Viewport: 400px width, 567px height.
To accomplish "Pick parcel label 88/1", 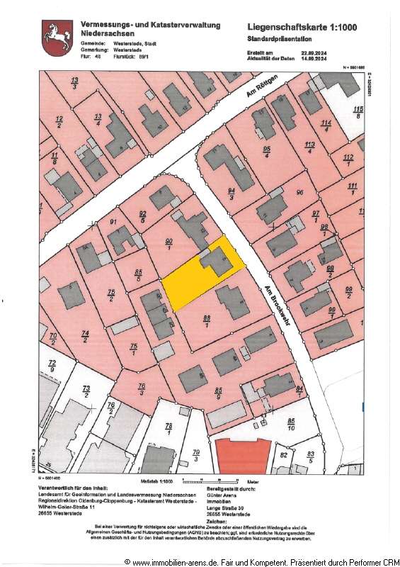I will click(207, 320).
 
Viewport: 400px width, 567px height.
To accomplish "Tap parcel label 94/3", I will click(232, 193).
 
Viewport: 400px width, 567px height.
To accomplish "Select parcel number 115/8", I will click(358, 111).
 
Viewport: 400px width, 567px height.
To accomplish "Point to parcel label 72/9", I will click(51, 366).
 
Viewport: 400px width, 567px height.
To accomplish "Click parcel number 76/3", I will click(141, 388).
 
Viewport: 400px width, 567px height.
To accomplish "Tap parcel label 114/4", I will click(326, 125).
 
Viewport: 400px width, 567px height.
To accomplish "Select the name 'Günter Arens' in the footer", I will click(227, 499).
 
